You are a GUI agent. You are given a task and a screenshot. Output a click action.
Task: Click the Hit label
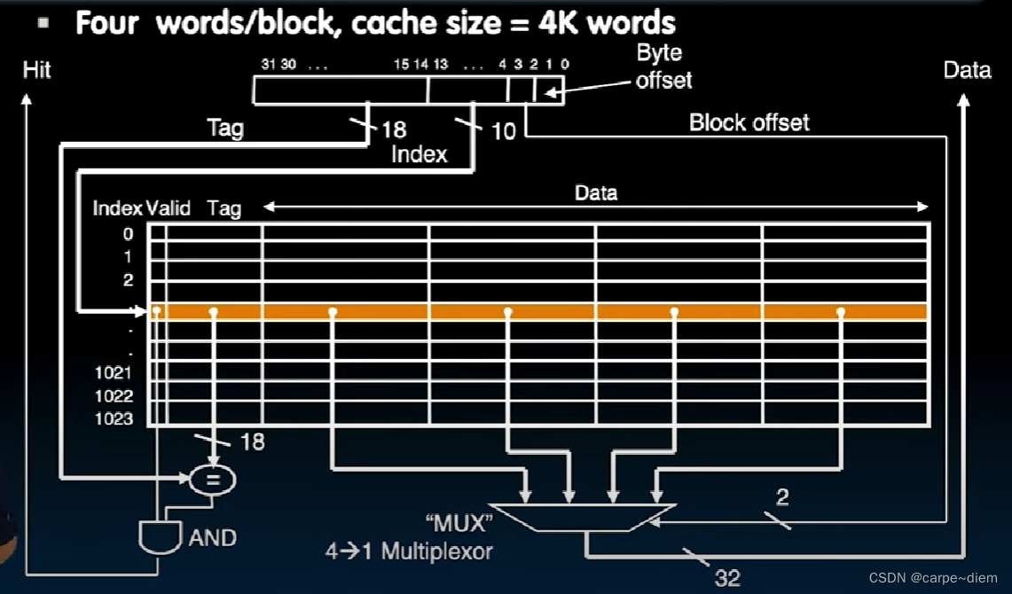[36, 69]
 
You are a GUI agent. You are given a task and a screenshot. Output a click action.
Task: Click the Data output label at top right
[967, 70]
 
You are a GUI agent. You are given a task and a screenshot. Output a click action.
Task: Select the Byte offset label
[663, 66]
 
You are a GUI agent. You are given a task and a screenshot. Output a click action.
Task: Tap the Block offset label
[749, 122]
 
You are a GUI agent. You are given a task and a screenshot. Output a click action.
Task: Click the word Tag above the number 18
[224, 128]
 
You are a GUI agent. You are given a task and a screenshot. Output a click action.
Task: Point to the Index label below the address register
[420, 154]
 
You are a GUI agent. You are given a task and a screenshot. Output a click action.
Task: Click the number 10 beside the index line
[503, 131]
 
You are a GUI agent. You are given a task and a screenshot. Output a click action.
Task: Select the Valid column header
[169, 208]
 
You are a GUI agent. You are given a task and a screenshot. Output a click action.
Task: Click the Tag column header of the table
[224, 208]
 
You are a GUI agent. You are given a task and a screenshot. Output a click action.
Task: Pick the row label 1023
[114, 418]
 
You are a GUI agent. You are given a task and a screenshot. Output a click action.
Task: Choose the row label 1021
[114, 372]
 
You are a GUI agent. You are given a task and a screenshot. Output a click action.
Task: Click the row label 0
[128, 234]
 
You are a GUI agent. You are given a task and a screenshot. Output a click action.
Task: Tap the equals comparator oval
[213, 481]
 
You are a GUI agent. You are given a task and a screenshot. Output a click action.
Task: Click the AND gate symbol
[161, 536]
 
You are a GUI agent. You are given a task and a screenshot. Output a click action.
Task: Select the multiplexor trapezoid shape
[582, 518]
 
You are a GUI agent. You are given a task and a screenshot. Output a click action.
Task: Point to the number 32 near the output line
[727, 578]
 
